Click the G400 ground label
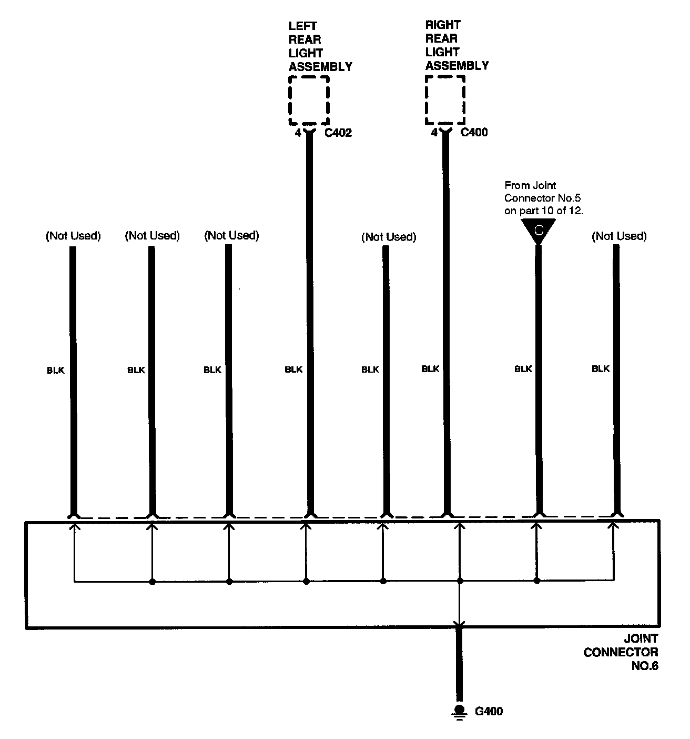click(x=489, y=712)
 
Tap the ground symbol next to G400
click(x=460, y=711)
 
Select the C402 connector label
click(x=338, y=133)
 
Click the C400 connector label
click(x=474, y=132)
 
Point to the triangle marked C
click(x=538, y=231)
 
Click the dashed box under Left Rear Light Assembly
click(x=309, y=101)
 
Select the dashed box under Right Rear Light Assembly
click(x=445, y=100)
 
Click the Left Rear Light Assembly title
click(x=320, y=46)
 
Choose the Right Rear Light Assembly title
click(x=456, y=45)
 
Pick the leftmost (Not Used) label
click(x=73, y=236)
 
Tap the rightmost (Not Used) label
click(x=619, y=236)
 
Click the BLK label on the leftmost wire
click(x=55, y=370)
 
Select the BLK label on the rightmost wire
click(x=601, y=369)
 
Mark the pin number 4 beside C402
click(x=298, y=133)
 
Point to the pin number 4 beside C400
click(x=434, y=133)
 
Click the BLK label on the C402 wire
click(x=293, y=369)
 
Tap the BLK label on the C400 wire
click(x=430, y=369)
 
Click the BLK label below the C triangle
click(x=523, y=369)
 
